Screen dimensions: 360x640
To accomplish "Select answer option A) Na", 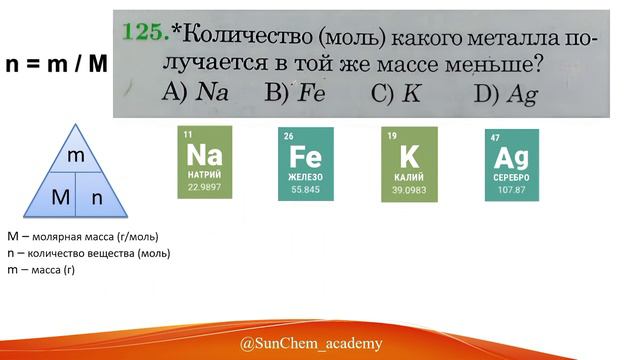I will click(196, 93).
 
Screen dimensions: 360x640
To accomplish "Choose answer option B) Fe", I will click(294, 93).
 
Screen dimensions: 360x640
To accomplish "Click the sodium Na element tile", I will click(205, 162).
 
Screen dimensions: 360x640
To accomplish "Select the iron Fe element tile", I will click(306, 163).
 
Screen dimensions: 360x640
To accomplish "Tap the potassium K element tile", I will click(408, 163).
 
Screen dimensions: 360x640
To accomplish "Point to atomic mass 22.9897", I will click(205, 187).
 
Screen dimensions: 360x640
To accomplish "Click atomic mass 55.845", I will click(306, 188).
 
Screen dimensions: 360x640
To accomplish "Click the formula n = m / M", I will click(56, 64).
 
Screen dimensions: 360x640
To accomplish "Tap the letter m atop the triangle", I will click(75, 156).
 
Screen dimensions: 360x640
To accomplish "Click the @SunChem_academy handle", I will click(310, 344).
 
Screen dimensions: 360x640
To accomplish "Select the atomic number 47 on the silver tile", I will click(495, 137).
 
